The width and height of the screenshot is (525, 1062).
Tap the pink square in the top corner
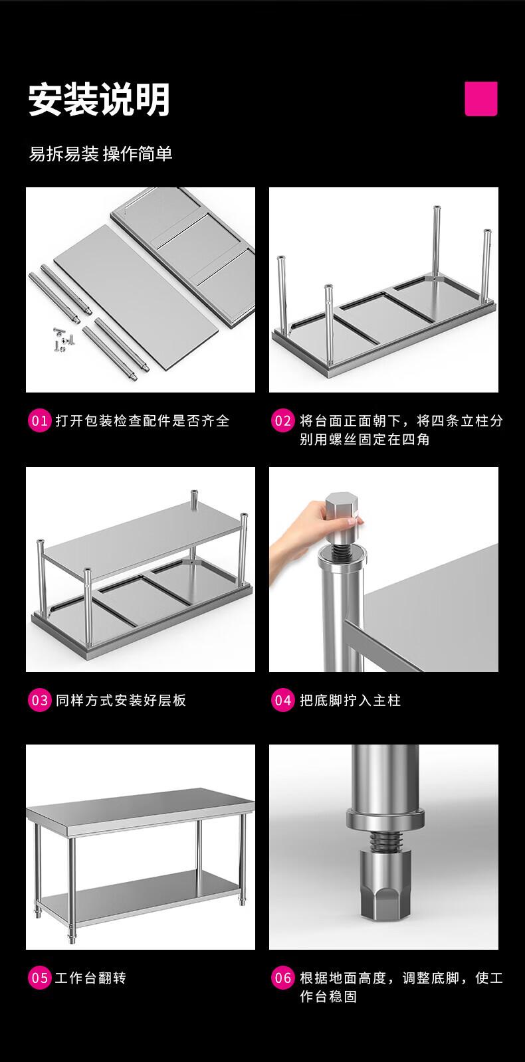click(481, 98)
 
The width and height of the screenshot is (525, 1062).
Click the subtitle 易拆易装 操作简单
click(100, 153)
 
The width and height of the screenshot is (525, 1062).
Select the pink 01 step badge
click(39, 420)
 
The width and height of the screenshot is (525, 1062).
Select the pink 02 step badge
click(282, 420)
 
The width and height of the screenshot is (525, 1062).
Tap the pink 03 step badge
click(39, 700)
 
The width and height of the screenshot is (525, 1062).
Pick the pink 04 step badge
click(282, 700)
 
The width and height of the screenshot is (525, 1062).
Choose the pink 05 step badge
click(39, 978)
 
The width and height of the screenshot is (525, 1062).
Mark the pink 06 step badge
click(282, 978)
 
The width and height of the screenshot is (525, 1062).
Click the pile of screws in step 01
click(62, 339)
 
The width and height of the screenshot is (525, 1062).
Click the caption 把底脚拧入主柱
click(350, 700)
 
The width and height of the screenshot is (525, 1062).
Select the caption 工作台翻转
click(90, 978)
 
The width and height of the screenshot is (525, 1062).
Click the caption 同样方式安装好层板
click(121, 700)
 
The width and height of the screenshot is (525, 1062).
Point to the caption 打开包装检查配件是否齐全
click(142, 420)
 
